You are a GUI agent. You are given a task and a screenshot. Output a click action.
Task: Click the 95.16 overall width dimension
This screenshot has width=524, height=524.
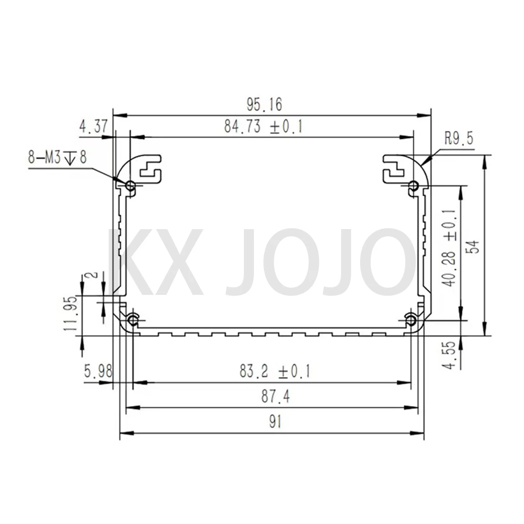click(x=264, y=105)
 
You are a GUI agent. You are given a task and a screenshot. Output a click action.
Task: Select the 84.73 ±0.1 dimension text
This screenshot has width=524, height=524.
click(x=263, y=127)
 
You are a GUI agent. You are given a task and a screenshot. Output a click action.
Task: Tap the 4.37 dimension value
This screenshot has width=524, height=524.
click(x=93, y=126)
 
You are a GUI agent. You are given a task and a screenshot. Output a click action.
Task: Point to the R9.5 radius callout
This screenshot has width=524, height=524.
click(x=459, y=138)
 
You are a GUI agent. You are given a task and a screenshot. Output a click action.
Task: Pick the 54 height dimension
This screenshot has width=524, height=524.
click(x=474, y=246)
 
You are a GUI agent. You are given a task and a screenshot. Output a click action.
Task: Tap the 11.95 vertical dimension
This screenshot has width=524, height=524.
click(x=71, y=314)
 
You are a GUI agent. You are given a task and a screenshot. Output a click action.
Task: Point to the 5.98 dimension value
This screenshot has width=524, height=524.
click(x=98, y=371)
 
